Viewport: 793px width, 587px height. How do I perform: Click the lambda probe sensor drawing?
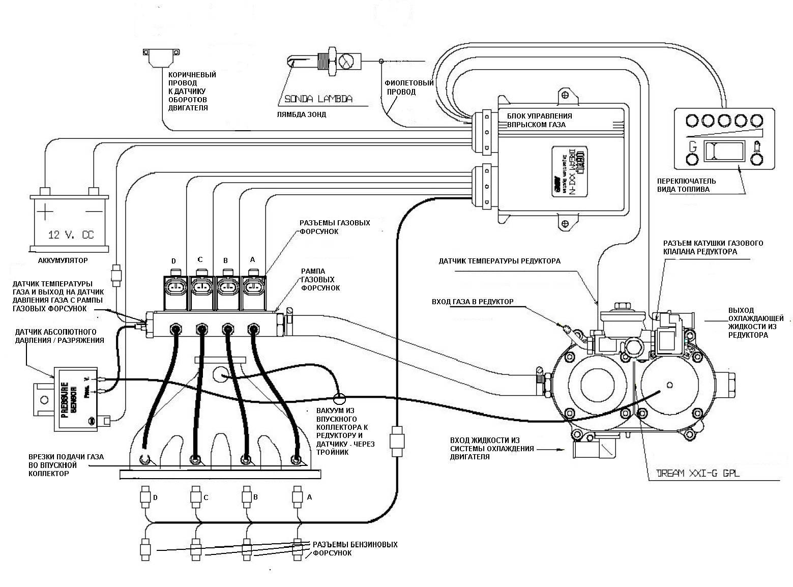[326, 62]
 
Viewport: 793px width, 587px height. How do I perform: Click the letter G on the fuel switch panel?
[692, 146]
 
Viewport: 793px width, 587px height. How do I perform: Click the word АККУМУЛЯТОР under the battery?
[63, 260]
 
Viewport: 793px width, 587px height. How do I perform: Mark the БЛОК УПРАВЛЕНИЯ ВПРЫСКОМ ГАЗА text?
[539, 120]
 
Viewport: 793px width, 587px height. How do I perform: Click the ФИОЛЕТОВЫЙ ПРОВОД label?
[409, 87]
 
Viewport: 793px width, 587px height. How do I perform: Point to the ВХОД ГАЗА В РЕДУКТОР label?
[472, 302]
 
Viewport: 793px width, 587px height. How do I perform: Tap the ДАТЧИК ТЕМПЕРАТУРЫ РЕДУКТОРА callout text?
[500, 261]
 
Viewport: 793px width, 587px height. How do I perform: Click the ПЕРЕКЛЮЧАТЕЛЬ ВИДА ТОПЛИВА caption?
[686, 185]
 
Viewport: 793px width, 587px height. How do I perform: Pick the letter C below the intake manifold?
[205, 497]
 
